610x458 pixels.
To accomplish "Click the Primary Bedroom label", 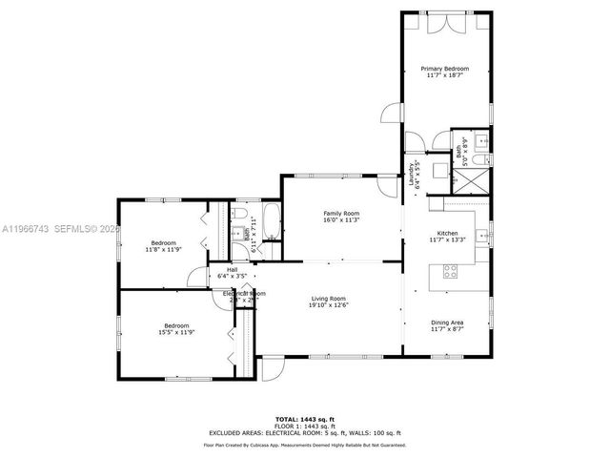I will pyautogui.click(x=445, y=69).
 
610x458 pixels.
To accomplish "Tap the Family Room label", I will pyautogui.click(x=341, y=213).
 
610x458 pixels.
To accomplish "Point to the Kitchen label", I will pyautogui.click(x=447, y=233).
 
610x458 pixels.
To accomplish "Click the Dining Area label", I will pyautogui.click(x=447, y=322).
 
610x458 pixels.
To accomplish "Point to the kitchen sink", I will pyautogui.click(x=483, y=235).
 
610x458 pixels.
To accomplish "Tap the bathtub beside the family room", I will pyautogui.click(x=271, y=221).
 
